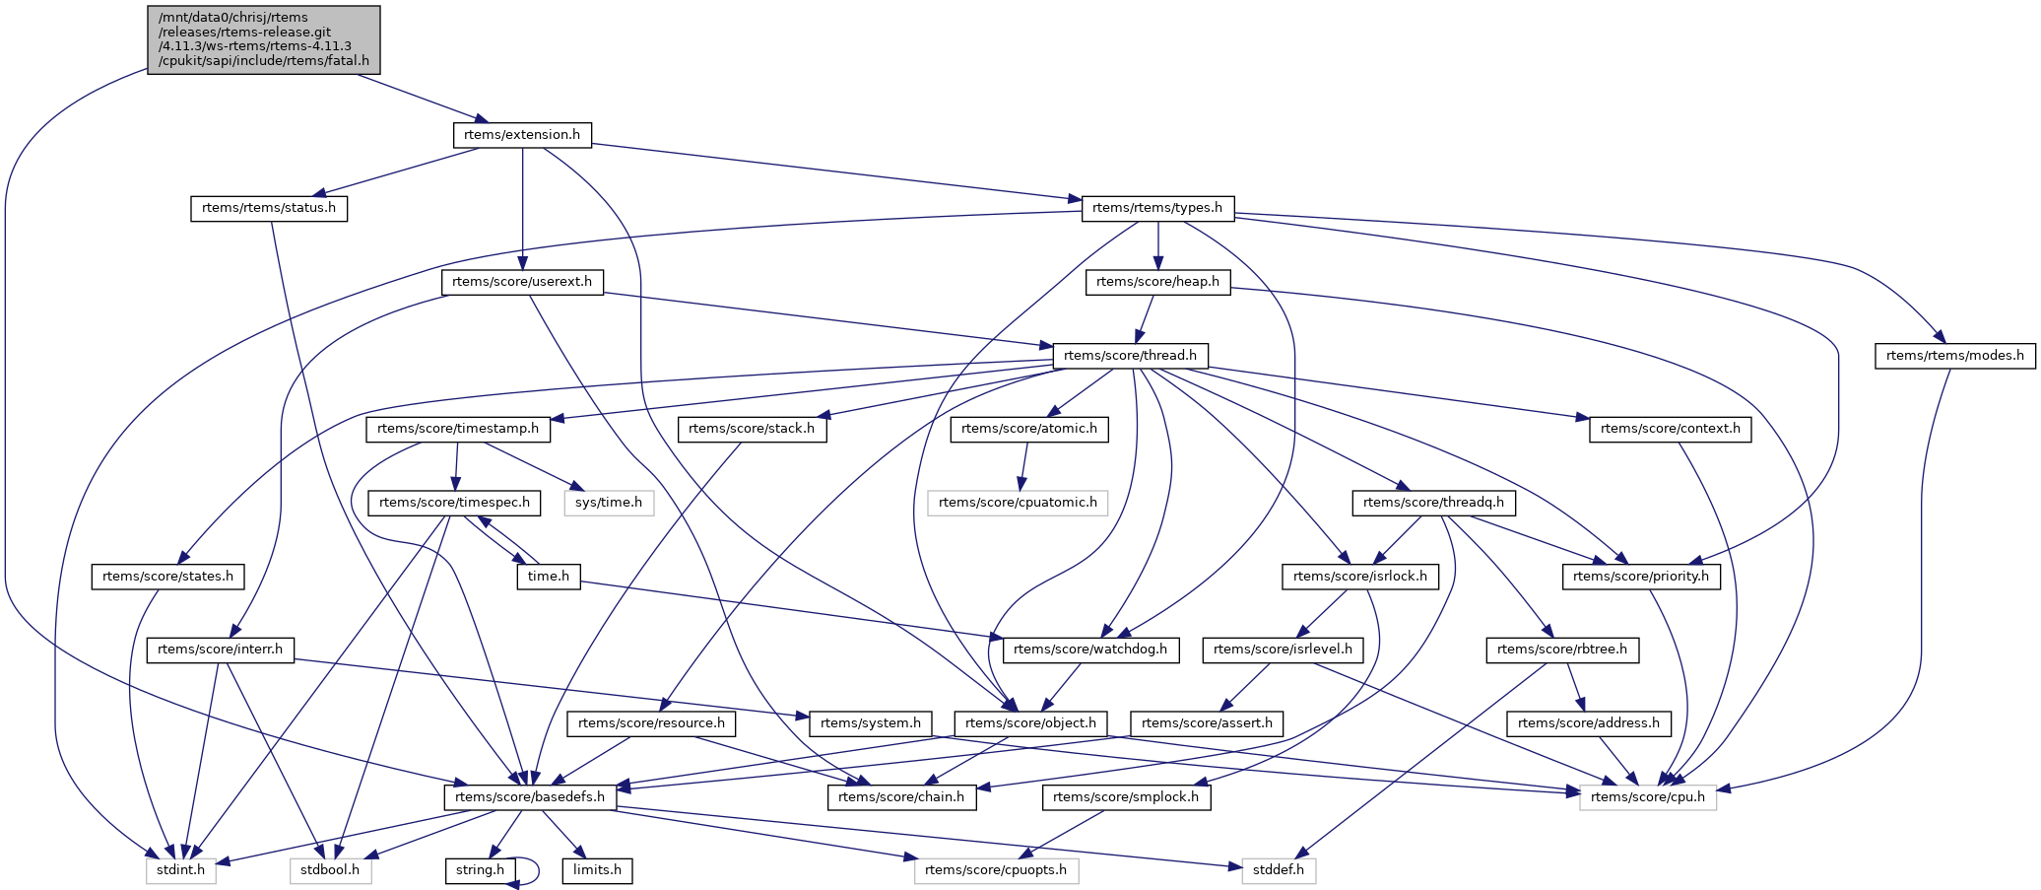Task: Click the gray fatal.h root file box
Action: (263, 39)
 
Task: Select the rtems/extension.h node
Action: (522, 135)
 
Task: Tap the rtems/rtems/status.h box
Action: (269, 209)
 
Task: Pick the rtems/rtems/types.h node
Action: (1157, 208)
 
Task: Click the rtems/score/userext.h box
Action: (522, 282)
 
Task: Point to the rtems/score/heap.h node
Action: (1157, 282)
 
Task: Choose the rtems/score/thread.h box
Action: (1130, 356)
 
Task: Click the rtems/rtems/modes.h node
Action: (1954, 356)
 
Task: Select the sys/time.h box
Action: (609, 503)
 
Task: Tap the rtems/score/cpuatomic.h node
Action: (1018, 503)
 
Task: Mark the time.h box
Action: (549, 577)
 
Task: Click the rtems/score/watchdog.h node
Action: (1090, 650)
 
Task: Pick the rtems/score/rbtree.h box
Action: (1562, 650)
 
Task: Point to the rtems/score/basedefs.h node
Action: (530, 797)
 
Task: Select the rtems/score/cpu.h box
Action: (1648, 797)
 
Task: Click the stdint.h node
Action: (181, 871)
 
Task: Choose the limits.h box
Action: (597, 871)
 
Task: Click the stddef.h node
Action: (1279, 871)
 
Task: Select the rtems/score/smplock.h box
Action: (1126, 797)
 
